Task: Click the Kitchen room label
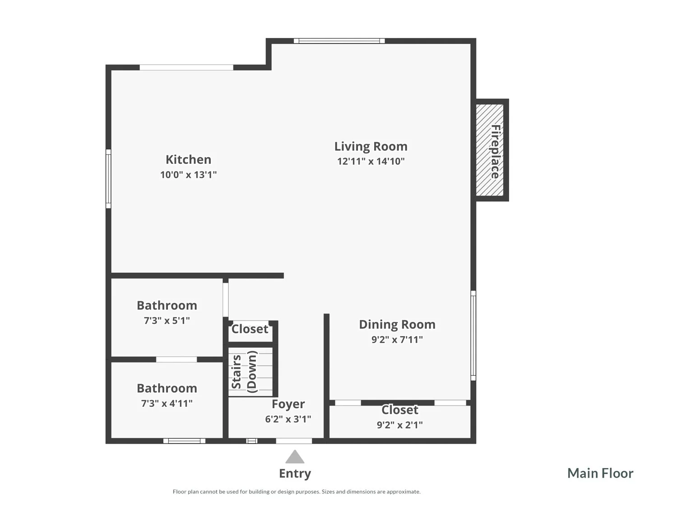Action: [189, 159]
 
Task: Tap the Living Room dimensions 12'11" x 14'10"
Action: [371, 161]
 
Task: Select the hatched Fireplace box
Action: [490, 150]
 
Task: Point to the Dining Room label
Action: [397, 325]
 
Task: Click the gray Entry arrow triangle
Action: [295, 457]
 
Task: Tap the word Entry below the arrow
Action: [295, 474]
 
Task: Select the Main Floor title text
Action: [600, 474]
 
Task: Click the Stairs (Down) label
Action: [244, 372]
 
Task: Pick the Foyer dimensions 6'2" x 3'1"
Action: [288, 419]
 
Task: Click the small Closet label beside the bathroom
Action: [250, 329]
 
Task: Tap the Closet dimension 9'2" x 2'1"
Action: [400, 425]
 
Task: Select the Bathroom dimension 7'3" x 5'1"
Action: [167, 321]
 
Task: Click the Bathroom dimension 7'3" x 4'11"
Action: [167, 403]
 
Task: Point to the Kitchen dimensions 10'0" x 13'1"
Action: [189, 175]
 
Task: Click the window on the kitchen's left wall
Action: [108, 179]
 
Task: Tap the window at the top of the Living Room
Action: [339, 41]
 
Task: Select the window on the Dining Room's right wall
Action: [473, 335]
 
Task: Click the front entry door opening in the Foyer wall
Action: [294, 441]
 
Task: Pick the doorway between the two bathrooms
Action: [176, 359]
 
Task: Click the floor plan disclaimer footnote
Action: [297, 492]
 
